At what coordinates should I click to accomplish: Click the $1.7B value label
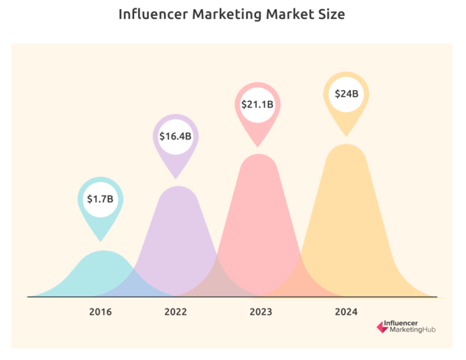tap(100, 199)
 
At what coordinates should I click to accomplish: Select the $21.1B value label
tap(257, 105)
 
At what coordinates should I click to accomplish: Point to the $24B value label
tap(346, 93)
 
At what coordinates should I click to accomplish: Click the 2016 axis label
tap(100, 312)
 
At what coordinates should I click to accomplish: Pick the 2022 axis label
tap(176, 312)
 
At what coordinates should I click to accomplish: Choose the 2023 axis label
tap(260, 312)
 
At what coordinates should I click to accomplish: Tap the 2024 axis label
tap(346, 312)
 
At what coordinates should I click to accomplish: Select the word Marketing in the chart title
tap(227, 15)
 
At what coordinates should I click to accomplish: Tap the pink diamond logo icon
tap(380, 326)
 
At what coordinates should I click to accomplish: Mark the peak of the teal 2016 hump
tap(103, 251)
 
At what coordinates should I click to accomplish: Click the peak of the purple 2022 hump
tap(177, 187)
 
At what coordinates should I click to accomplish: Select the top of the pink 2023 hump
tap(259, 155)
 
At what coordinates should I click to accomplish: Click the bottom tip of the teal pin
tap(100, 238)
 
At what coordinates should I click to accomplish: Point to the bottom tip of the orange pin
tap(346, 135)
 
